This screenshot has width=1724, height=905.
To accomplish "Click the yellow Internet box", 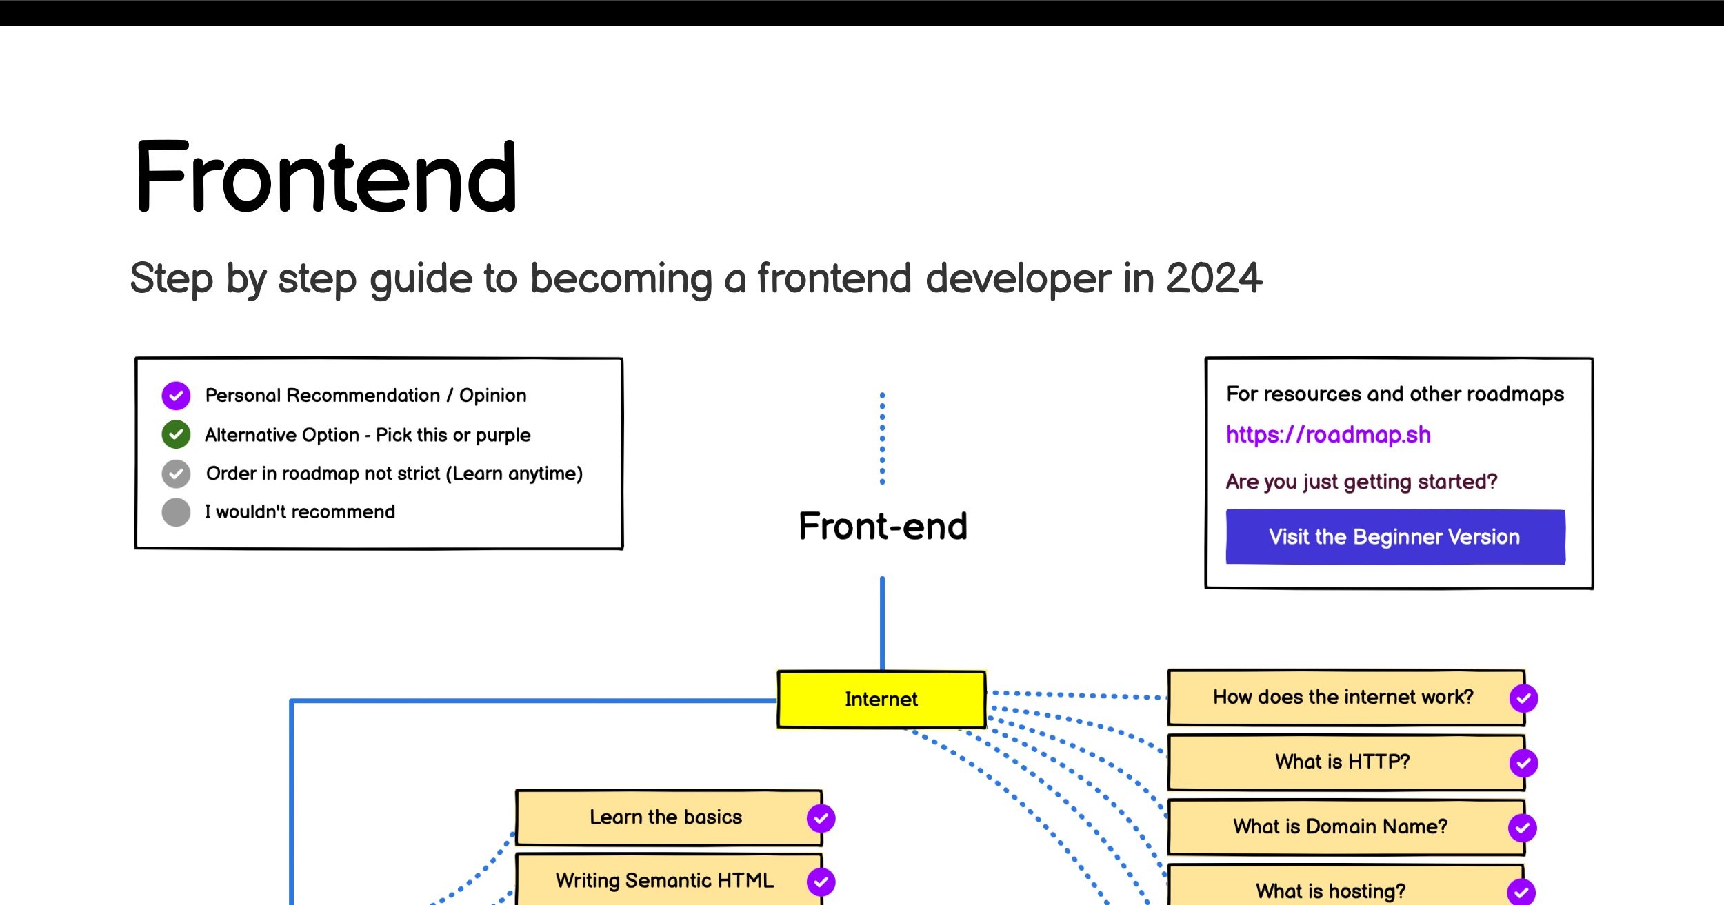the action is [881, 699].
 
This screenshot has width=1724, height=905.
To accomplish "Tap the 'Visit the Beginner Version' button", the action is [1395, 536].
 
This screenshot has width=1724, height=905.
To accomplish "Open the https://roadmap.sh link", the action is [1328, 435].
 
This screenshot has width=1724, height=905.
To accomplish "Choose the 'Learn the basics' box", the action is [669, 817].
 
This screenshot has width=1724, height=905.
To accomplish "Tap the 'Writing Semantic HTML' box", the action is [669, 880].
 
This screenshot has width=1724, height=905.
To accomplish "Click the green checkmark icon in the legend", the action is [176, 434].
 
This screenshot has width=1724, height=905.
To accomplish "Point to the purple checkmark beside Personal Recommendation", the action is [176, 396].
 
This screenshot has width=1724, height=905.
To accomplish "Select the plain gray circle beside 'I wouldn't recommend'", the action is [176, 512].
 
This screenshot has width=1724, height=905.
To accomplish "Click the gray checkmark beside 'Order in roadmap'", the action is [176, 474].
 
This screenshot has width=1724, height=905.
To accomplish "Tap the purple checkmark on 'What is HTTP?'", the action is [1523, 763].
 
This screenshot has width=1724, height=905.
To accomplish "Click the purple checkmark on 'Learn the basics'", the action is [821, 818].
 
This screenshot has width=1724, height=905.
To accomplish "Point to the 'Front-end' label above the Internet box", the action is [883, 527].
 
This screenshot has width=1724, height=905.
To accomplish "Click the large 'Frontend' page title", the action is [325, 176].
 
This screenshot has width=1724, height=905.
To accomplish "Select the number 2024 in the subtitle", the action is [1214, 278].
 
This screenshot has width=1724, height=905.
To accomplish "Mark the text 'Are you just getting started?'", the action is [1361, 482].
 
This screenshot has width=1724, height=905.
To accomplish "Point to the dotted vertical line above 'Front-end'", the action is [882, 438].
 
